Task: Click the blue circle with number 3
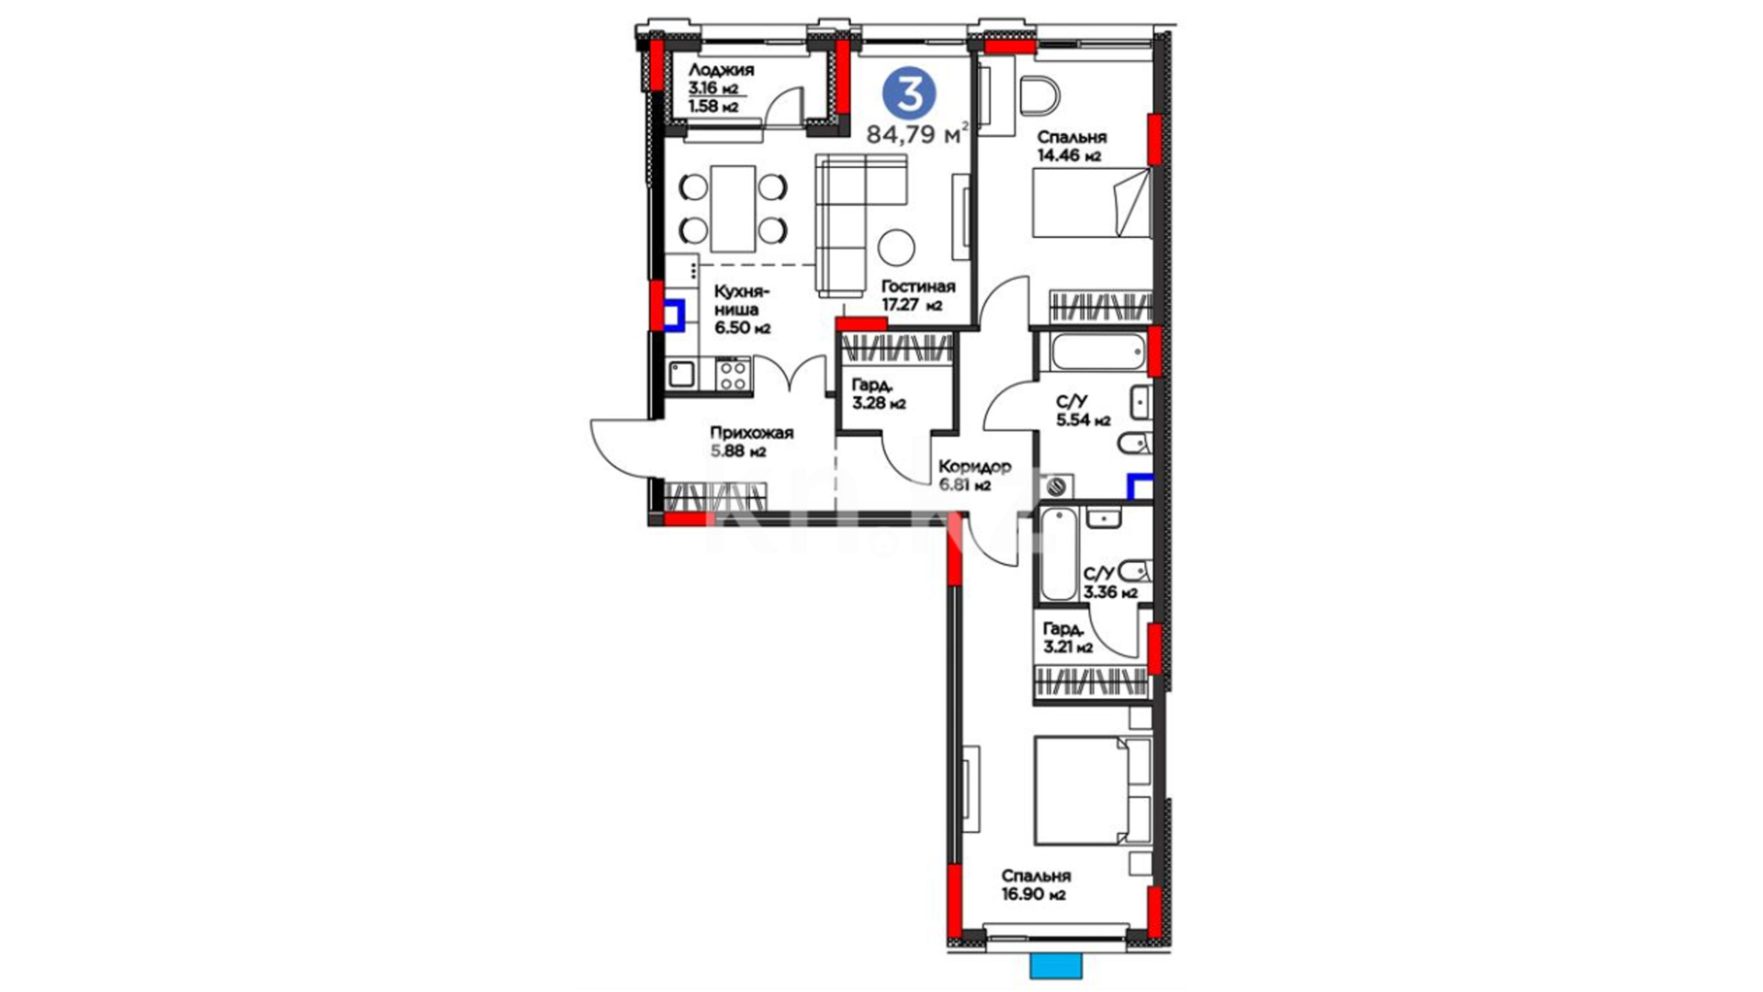point(909,93)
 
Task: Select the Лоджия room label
point(721,70)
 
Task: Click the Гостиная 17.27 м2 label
point(918,296)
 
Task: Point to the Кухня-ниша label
point(743,300)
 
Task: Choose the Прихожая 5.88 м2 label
point(751,442)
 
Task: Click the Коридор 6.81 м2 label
point(974,475)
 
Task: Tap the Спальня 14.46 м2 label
point(1072,146)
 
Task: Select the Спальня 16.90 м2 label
point(1036,885)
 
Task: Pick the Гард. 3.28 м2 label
point(879,393)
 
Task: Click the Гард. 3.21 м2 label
point(1068,637)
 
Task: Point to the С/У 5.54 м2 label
point(1083,411)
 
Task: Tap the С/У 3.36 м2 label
point(1110,582)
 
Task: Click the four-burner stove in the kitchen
point(733,373)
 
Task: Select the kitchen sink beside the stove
point(681,374)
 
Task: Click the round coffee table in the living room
point(896,246)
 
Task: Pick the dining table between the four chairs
point(734,209)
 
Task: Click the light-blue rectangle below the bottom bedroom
point(1056,966)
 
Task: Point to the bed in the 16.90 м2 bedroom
point(1093,790)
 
